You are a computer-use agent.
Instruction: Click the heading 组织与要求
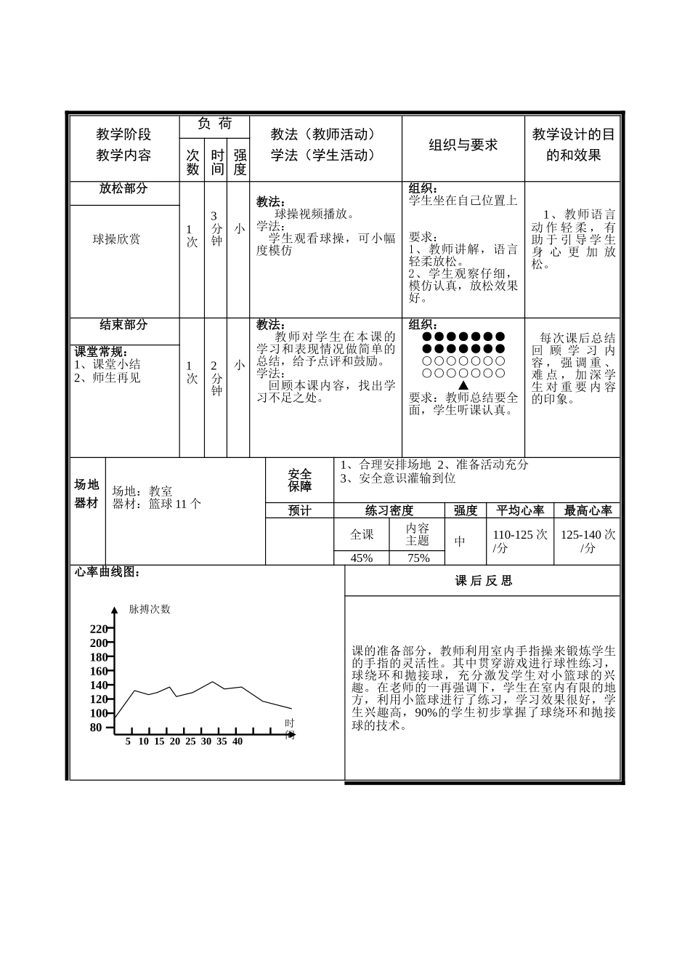click(463, 145)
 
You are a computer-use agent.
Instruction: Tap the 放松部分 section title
click(123, 188)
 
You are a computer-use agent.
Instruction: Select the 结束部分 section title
click(123, 325)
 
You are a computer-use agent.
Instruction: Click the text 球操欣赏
click(116, 239)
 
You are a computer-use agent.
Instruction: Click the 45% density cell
click(362, 558)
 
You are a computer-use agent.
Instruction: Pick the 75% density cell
click(418, 558)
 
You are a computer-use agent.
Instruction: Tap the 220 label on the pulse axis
click(98, 629)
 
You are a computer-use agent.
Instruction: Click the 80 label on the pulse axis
click(96, 727)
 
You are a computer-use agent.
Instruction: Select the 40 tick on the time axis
click(238, 741)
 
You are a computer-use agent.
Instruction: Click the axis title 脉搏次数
click(150, 609)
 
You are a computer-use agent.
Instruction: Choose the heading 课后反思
click(483, 581)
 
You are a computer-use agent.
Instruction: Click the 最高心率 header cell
click(588, 510)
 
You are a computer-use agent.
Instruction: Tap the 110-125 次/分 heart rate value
click(520, 542)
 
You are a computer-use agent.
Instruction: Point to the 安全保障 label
click(299, 481)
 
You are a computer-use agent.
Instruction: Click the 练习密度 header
click(389, 510)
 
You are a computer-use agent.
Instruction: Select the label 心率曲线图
click(107, 573)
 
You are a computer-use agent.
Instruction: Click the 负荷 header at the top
click(214, 124)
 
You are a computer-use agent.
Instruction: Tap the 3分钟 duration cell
click(216, 228)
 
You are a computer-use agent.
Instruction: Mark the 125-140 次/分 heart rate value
click(588, 542)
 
